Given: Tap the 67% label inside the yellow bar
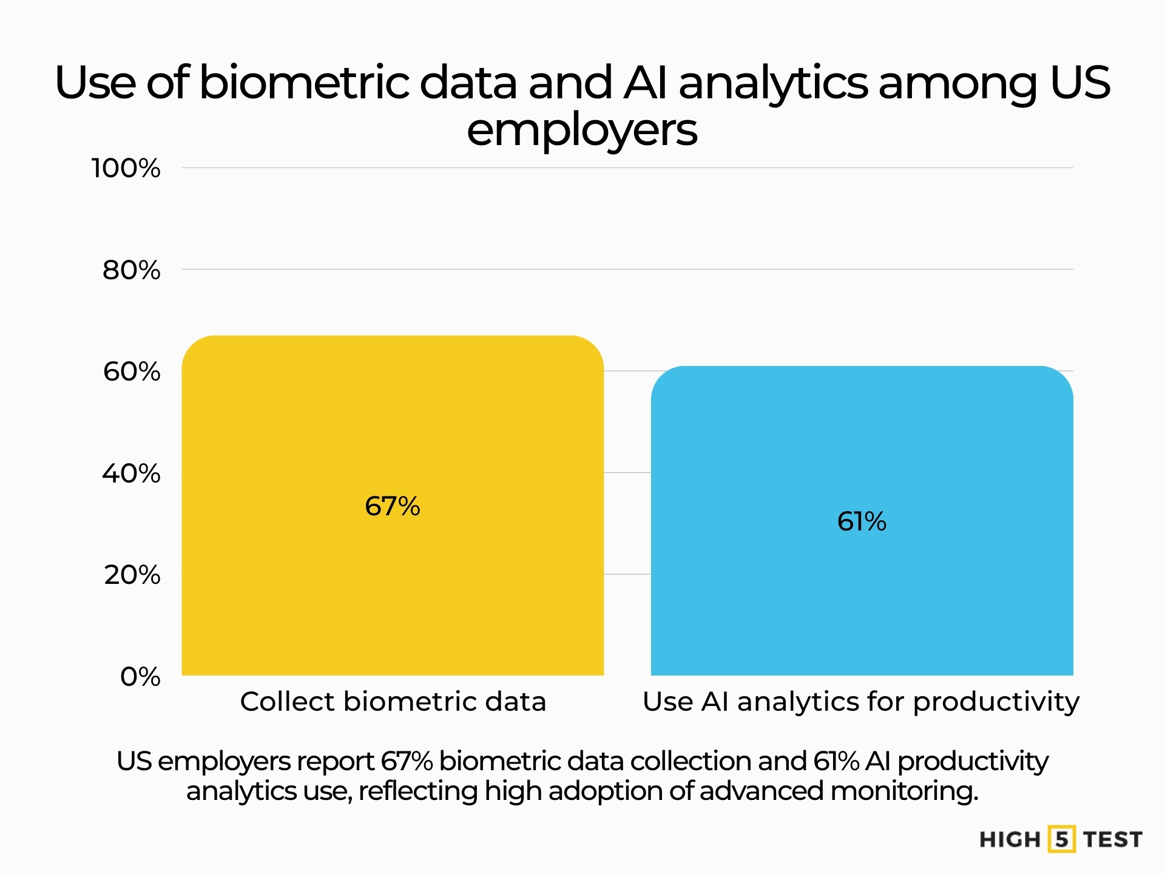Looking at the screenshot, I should pos(393,506).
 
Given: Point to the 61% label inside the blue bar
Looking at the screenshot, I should pos(862,521).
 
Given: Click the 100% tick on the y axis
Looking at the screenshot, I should pos(126,168).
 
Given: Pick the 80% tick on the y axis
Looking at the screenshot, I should pos(131,270).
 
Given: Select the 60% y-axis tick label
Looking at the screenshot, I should pos(132,371).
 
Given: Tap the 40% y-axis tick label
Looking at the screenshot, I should pos(131,473).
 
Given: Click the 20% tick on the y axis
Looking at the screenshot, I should pos(132,575).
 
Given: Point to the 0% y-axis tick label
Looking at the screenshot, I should pos(140,677).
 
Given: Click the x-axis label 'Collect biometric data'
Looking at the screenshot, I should pos(393,702).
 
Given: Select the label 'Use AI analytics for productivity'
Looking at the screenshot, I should pos(861,702).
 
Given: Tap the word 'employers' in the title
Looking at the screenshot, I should pos(582,130).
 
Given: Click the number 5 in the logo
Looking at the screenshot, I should pos(1061,839).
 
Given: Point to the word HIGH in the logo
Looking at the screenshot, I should pos(1010,839).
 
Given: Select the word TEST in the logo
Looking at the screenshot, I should pos(1113,839).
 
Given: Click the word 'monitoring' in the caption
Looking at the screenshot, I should pos(903,791).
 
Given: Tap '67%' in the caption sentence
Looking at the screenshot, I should pos(407,761).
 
